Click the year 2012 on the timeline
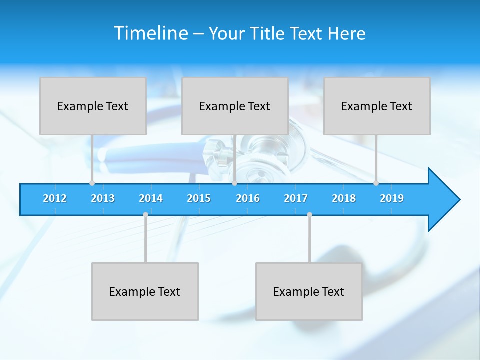coord(55,198)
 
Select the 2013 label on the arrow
coord(103,198)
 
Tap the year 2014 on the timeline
coord(151,198)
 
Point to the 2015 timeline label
coord(199,198)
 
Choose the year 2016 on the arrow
coord(248,198)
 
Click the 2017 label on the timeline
coord(296,198)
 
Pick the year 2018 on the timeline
coord(344,198)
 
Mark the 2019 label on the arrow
coord(392,198)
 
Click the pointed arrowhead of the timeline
coord(445,200)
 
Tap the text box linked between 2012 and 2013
coord(93,106)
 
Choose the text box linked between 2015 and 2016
coord(235,106)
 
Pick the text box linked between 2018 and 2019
coord(377,106)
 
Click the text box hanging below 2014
coord(145,291)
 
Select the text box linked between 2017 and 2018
coord(309,291)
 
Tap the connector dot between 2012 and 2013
coord(92,183)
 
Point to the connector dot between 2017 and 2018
coord(309,214)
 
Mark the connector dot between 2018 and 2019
coord(376,183)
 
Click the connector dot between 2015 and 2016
coord(234,183)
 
